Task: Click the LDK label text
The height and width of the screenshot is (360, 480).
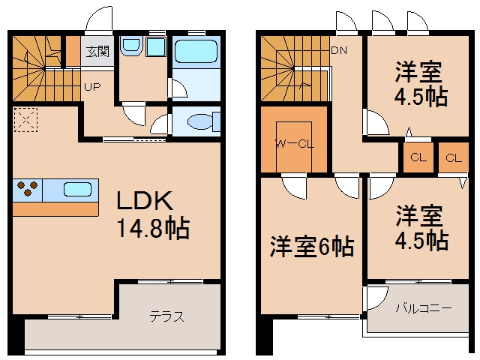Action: pos(145,200)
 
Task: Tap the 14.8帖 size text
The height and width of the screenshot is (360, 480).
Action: pos(153,228)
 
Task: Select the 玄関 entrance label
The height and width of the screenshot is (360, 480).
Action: pos(97,52)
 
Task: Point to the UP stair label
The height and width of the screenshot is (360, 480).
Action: pos(92,87)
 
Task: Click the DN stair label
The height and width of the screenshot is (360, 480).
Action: pos(340,50)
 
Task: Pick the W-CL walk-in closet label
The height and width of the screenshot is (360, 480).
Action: pos(295,143)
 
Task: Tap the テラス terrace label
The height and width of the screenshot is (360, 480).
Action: pos(166,316)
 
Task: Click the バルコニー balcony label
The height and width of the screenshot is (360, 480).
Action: pos(424,307)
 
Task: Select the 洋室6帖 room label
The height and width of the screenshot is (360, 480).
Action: pos(312,247)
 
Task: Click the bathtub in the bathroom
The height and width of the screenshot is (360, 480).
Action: pos(196,51)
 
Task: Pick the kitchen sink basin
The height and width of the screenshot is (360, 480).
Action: pos(77,190)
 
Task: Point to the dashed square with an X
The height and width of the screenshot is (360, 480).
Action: pos(25,120)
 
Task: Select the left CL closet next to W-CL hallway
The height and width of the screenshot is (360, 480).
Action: pos(418,157)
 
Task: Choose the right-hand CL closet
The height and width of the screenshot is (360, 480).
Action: pos(453,157)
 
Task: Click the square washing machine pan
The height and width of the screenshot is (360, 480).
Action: pos(156,46)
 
